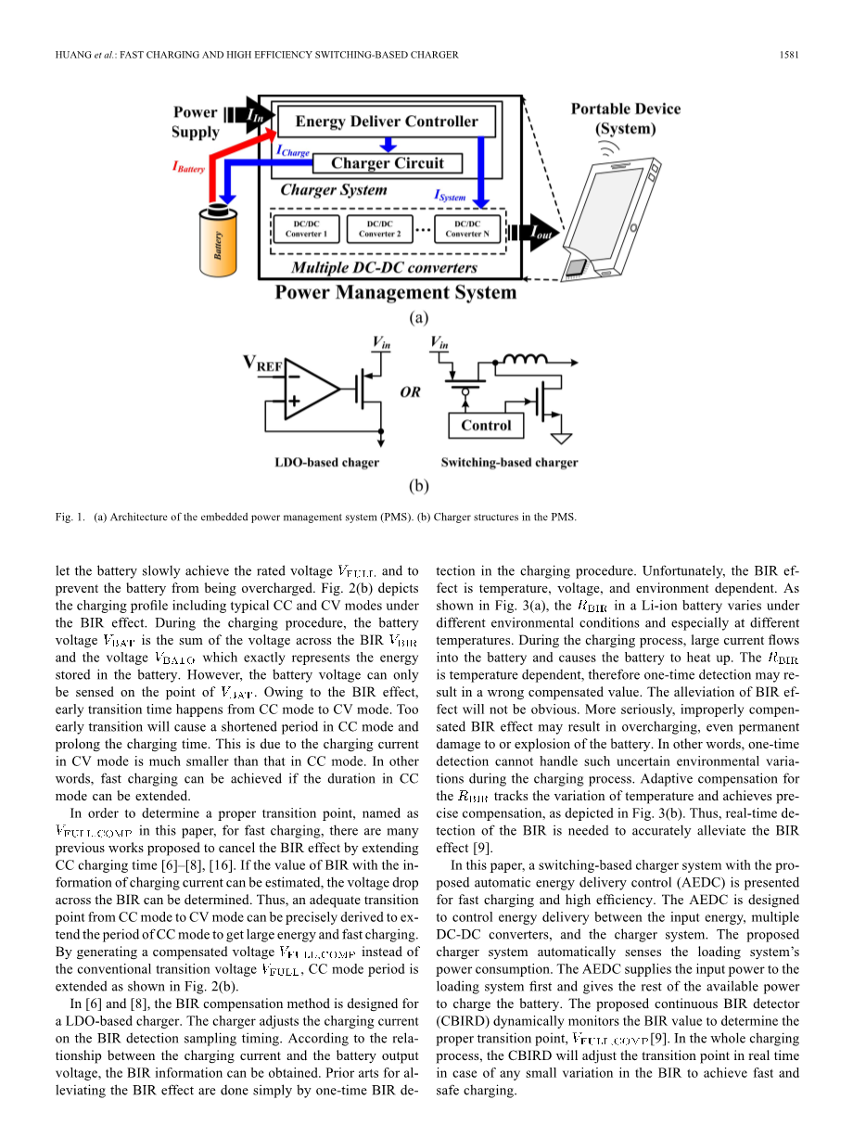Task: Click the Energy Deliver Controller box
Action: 387,121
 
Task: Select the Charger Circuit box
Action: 387,163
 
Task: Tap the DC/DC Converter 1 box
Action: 305,229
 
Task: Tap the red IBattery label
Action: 188,167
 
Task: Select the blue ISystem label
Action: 450,196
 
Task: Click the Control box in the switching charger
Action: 486,426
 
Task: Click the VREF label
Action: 263,364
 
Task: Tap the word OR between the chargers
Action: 410,392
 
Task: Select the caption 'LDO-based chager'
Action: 327,462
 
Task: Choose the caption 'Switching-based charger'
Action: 509,462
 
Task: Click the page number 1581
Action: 789,55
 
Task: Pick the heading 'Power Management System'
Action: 395,293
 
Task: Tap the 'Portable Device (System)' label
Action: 625,119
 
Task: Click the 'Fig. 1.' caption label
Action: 69,518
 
